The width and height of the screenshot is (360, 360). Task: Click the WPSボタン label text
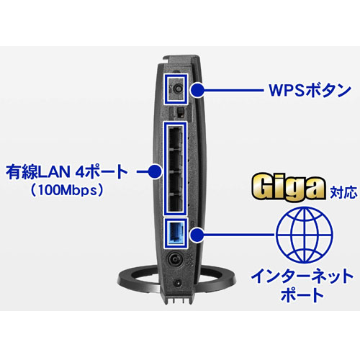click(310, 90)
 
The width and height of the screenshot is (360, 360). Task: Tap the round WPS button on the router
click(178, 89)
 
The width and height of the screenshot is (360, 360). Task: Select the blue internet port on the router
click(176, 233)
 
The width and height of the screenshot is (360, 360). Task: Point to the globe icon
click(305, 235)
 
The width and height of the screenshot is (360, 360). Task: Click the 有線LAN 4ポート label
click(66, 171)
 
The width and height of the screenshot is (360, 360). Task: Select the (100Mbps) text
click(67, 190)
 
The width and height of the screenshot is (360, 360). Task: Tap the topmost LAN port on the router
click(174, 138)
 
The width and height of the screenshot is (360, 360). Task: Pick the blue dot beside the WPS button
click(197, 90)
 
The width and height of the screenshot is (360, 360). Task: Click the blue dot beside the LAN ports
click(155, 171)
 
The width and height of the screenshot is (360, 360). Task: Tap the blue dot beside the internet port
click(197, 235)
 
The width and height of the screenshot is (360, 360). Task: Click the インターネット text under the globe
click(302, 276)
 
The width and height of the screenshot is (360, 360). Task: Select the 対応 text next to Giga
click(343, 192)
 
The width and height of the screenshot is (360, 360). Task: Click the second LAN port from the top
click(174, 160)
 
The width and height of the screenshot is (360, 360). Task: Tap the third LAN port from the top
click(174, 181)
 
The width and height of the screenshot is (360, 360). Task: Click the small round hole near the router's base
click(178, 283)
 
